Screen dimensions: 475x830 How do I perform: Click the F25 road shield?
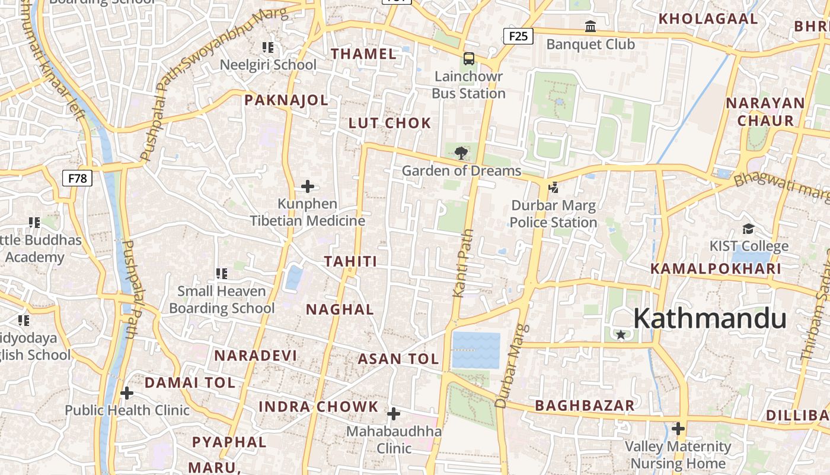point(518,36)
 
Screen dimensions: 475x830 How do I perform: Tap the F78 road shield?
point(77,178)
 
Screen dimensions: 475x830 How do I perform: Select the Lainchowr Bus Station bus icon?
point(469,59)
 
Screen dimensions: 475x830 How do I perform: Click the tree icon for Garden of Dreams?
point(461,153)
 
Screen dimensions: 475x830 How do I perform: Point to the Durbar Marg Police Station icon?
point(554,188)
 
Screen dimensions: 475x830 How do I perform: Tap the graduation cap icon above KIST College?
point(749,229)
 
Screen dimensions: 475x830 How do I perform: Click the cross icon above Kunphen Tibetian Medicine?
point(307,186)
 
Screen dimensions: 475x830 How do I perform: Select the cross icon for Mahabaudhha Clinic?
point(394,414)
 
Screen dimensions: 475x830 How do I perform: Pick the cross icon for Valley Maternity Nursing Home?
point(678,428)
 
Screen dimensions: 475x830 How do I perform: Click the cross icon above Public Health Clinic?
point(126,393)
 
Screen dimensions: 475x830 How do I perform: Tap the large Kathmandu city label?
point(710,319)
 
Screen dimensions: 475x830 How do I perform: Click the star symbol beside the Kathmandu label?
point(621,335)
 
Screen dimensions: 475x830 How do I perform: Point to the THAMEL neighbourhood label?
point(363,54)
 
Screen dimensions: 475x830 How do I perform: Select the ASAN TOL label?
point(398,359)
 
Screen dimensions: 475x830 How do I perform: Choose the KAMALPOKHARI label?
point(716,269)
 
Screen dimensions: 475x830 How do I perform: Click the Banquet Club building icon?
point(590,27)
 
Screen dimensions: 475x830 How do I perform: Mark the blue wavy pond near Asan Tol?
point(476,350)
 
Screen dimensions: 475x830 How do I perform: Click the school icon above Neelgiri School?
point(268,47)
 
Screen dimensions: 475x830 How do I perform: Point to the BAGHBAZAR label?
point(585,406)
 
